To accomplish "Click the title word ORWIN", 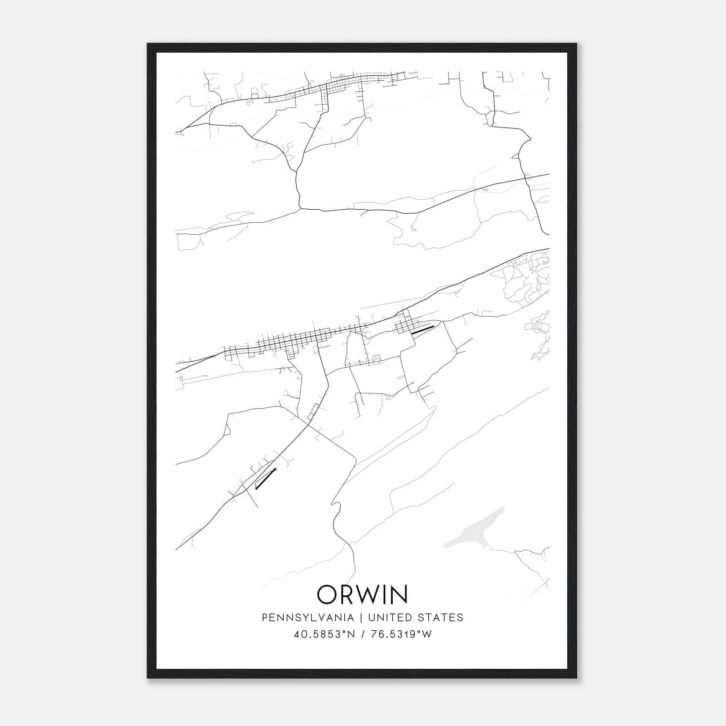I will (x=363, y=594).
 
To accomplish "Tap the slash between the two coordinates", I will (x=363, y=634).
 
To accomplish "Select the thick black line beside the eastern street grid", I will (x=422, y=329).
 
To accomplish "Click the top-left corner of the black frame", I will (x=148, y=44).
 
